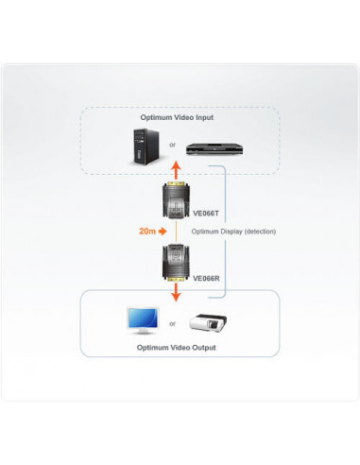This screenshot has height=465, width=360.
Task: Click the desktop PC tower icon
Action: click(144, 146)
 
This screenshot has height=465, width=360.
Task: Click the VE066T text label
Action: click(208, 214)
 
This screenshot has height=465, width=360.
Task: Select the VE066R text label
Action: click(208, 279)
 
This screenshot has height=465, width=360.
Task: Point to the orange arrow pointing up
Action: click(175, 170)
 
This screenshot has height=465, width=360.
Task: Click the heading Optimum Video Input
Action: click(178, 117)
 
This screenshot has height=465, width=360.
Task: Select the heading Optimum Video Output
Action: click(178, 348)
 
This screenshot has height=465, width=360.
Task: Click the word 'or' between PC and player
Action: click(173, 145)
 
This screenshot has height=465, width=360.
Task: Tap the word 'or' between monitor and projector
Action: click(173, 323)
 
